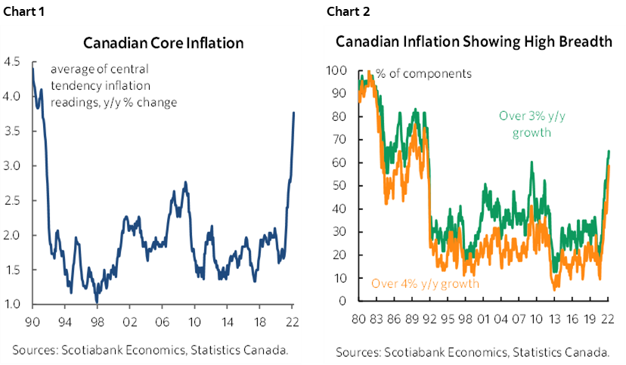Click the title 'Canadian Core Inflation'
pyautogui.click(x=163, y=43)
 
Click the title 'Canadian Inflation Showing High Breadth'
pyautogui.click(x=474, y=42)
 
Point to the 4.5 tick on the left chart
pyautogui.click(x=14, y=62)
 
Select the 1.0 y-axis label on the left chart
pyautogui.click(x=14, y=305)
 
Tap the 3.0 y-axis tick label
pyautogui.click(x=14, y=166)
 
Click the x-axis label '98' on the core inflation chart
pyautogui.click(x=97, y=320)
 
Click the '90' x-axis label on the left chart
pyautogui.click(x=32, y=320)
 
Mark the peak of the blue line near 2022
pyautogui.click(x=293, y=113)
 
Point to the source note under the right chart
pyautogui.click(x=473, y=352)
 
